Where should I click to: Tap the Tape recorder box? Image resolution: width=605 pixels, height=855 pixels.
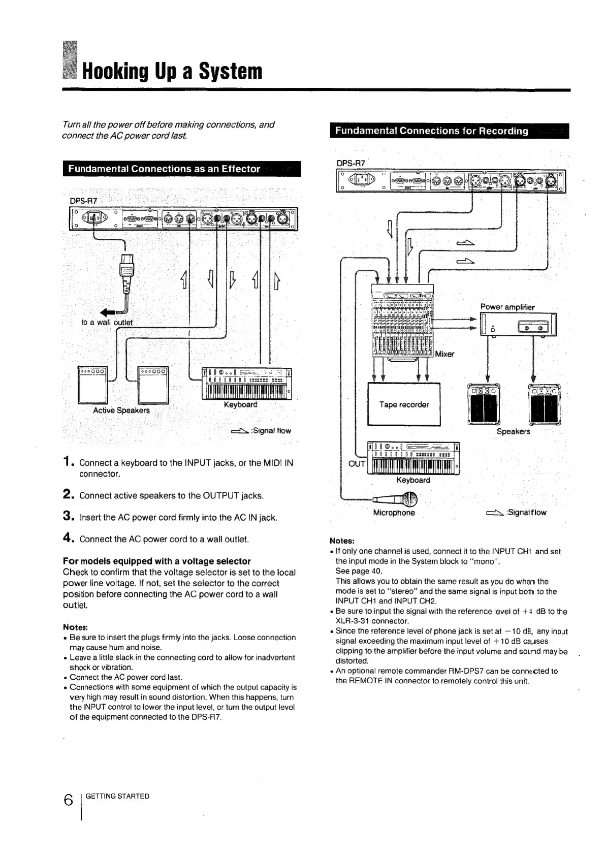404,404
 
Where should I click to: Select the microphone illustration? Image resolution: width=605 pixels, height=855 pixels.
401,500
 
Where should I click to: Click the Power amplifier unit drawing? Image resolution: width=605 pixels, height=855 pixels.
518,324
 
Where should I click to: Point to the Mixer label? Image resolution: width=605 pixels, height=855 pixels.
444,354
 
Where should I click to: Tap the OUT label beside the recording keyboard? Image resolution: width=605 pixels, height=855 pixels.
357,463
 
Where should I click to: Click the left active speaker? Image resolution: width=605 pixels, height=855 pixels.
92,384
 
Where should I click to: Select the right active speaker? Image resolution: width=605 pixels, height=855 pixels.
153,384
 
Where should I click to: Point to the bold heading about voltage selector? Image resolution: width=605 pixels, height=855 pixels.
156,561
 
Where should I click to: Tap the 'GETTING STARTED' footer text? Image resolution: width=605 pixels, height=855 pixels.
117,796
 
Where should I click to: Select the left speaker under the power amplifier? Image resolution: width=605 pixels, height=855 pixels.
483,403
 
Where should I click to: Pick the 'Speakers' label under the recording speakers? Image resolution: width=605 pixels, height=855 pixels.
513,431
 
